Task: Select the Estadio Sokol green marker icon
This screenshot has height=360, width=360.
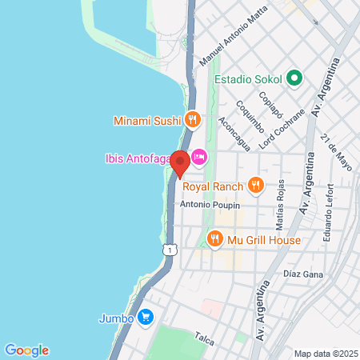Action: (x=294, y=78)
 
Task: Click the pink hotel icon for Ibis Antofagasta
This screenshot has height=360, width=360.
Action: (x=198, y=157)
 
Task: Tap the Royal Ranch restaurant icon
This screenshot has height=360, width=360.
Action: (x=255, y=186)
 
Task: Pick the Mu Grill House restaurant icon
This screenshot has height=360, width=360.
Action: (x=214, y=238)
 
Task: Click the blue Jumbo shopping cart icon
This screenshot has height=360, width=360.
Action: (x=145, y=318)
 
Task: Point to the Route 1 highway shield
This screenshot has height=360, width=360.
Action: (x=168, y=250)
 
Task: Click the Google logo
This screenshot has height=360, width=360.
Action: (x=26, y=350)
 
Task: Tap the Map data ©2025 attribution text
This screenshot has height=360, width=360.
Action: (x=325, y=354)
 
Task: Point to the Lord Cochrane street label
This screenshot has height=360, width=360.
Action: (x=282, y=129)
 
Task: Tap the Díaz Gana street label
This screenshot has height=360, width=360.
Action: (x=302, y=273)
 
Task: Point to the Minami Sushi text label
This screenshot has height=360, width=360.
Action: (x=147, y=122)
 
